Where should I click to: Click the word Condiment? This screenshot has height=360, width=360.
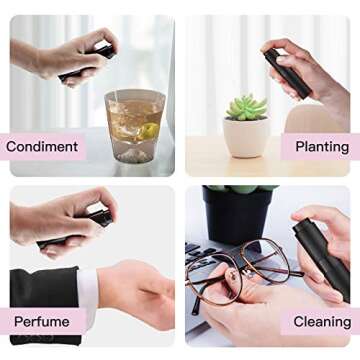[42, 147]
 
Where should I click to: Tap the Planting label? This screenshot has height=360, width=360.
[321, 147]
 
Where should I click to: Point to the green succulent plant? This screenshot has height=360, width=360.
[246, 107]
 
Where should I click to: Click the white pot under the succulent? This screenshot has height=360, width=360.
[245, 137]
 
